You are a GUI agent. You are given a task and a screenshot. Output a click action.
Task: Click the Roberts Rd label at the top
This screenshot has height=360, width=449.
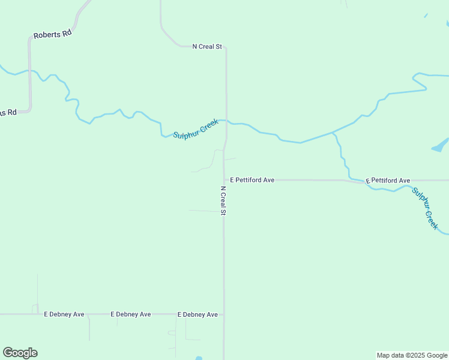click(x=52, y=34)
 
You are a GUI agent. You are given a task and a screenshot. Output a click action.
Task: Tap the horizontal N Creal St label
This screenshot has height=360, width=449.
click(x=207, y=46)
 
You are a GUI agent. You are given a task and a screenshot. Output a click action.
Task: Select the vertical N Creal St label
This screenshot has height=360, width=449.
click(x=223, y=200)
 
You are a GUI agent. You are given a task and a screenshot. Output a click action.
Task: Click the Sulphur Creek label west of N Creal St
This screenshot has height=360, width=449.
click(x=195, y=128)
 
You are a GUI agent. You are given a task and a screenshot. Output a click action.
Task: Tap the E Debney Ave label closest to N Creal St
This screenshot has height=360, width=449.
click(x=197, y=314)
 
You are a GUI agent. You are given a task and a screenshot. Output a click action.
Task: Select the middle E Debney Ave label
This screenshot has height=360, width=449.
click(x=131, y=314)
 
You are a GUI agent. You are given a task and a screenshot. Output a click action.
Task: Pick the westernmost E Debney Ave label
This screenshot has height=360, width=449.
click(x=64, y=314)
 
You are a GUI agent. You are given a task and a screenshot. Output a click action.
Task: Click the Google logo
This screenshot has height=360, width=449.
click(x=20, y=353)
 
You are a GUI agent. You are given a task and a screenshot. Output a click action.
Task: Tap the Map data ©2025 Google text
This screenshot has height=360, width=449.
click(x=412, y=355)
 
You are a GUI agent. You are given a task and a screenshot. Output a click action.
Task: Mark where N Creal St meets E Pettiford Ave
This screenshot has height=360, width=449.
click(x=224, y=179)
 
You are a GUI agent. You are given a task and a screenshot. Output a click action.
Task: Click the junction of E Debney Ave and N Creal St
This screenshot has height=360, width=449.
click(x=223, y=314)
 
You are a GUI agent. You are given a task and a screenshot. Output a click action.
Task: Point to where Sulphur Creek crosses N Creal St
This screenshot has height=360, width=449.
click(x=226, y=121)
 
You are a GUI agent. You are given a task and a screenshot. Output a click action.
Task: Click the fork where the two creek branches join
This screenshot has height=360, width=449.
click(x=332, y=133)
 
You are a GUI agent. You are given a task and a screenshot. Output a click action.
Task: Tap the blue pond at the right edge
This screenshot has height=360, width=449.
click(x=441, y=145)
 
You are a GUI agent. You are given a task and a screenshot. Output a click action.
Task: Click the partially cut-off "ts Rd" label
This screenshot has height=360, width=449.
click(x=8, y=112)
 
